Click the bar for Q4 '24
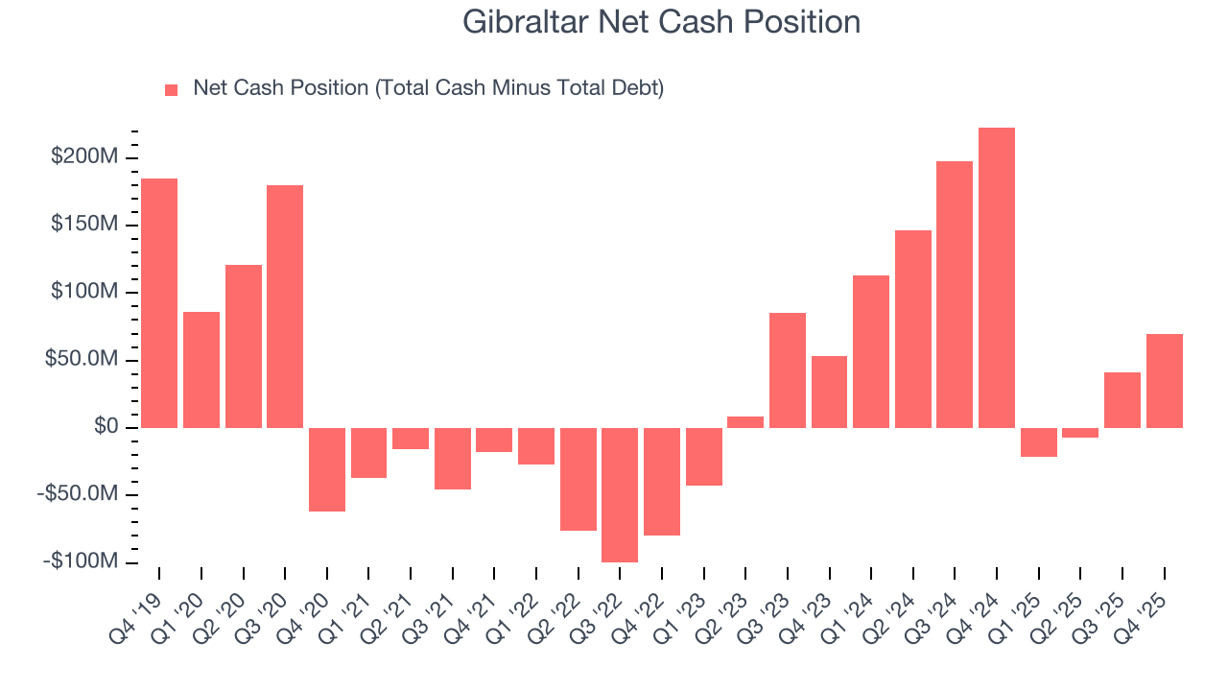click(996, 277)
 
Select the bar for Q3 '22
click(620, 494)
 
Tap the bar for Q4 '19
click(159, 302)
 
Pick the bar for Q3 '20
click(285, 306)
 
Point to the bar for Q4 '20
click(327, 469)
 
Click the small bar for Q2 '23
click(745, 422)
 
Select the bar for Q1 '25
click(1038, 441)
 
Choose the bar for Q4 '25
click(1164, 380)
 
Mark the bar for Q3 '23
click(788, 369)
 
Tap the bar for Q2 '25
click(1080, 433)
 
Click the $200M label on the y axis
click(85, 156)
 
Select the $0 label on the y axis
click(106, 427)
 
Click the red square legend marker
click(172, 89)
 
